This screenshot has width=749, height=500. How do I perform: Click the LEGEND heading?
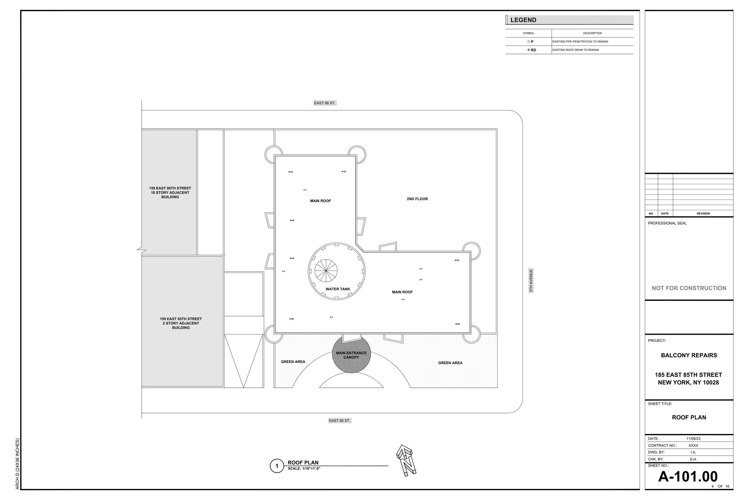click(523, 20)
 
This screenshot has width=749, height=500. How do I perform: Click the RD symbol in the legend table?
click(531, 50)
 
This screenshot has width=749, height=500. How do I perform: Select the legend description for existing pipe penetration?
click(580, 42)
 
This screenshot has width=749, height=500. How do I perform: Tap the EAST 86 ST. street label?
click(324, 103)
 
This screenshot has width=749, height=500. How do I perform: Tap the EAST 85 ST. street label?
click(339, 421)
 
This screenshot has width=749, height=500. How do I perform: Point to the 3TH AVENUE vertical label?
click(531, 281)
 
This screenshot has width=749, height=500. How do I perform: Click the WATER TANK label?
click(338, 289)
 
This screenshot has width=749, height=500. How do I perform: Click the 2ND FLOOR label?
click(417, 199)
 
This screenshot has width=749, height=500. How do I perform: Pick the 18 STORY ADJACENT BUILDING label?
click(170, 193)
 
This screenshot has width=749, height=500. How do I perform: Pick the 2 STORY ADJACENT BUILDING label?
click(181, 323)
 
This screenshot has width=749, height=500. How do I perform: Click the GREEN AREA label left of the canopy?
click(293, 362)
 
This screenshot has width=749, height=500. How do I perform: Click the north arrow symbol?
click(406, 460)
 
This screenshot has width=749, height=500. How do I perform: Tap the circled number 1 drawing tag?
click(277, 466)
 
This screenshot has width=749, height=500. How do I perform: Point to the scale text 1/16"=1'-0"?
click(304, 469)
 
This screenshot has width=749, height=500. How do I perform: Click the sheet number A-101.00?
click(688, 477)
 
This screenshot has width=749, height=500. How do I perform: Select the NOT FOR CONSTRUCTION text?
click(689, 288)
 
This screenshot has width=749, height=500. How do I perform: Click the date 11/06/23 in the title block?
click(693, 439)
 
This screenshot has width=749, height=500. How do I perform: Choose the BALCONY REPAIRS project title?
click(689, 355)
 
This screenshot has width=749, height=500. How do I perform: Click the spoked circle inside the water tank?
click(326, 271)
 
